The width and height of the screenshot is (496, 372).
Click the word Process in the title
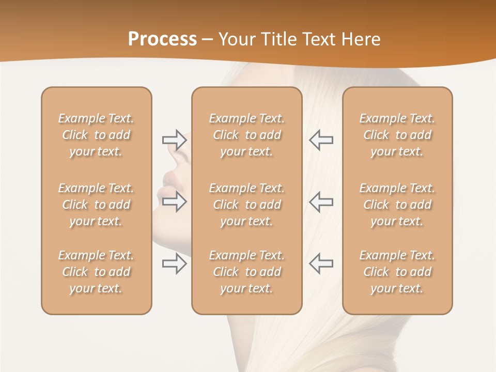(162, 39)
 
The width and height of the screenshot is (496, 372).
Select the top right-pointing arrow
(174, 139)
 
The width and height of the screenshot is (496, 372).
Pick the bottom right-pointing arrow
(174, 263)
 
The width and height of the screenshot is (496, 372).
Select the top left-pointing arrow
(321, 139)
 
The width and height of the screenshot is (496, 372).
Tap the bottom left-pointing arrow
(321, 263)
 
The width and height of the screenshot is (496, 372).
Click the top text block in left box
(96, 135)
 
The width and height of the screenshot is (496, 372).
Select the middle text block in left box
(96, 205)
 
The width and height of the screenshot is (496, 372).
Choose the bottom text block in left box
(96, 272)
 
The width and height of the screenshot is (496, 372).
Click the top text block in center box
(247, 135)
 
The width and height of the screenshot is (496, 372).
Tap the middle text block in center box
(247, 205)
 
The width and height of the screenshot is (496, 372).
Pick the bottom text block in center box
(247, 272)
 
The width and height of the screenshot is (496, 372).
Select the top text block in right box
(397, 135)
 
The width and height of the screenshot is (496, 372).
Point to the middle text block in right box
(397, 205)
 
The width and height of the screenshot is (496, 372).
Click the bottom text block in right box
(397, 272)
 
